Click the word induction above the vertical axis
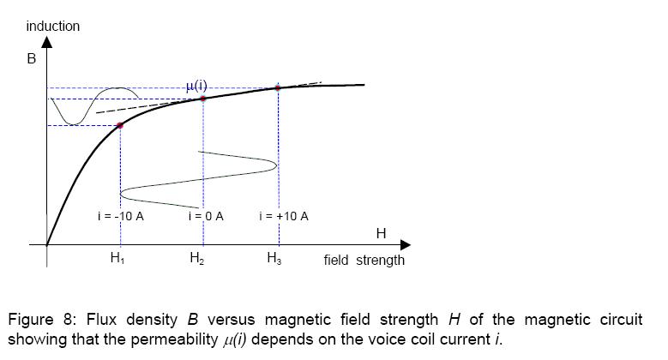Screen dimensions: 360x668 [x=53, y=27]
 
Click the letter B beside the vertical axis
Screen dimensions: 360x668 [x=30, y=61]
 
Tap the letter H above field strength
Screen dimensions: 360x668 [x=381, y=233]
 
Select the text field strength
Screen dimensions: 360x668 [x=364, y=260]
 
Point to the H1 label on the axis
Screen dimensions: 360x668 [x=118, y=260]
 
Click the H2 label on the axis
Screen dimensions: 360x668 [x=196, y=260]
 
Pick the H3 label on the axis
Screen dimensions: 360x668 [x=274, y=260]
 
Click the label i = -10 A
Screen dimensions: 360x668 [x=120, y=216]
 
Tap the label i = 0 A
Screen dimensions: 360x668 [x=206, y=216]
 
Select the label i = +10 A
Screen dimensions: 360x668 [x=283, y=216]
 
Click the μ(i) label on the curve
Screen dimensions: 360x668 [x=196, y=86]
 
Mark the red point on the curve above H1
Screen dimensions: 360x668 [x=120, y=125]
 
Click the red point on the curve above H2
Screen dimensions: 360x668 [x=203, y=99]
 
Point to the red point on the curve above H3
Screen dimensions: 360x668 [x=278, y=87]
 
